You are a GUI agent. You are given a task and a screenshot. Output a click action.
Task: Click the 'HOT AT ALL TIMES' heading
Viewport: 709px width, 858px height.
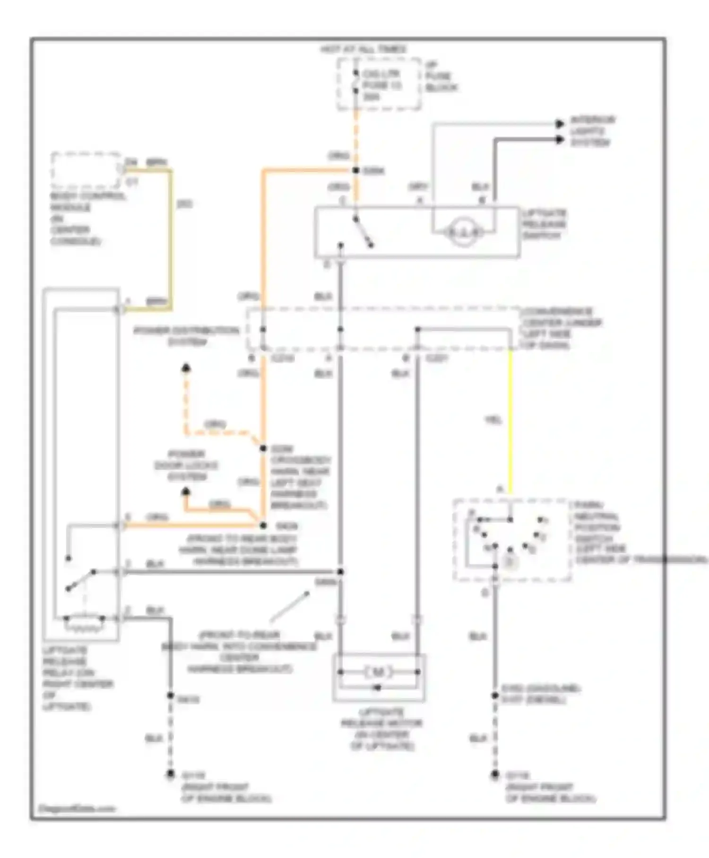point(363,49)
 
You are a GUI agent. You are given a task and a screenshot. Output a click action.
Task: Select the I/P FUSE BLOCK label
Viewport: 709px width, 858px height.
point(441,76)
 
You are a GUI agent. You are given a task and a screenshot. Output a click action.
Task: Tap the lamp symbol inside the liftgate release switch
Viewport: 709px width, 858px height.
point(463,232)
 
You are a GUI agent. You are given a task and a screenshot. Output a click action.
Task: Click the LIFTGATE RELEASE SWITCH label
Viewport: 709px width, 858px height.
point(544,224)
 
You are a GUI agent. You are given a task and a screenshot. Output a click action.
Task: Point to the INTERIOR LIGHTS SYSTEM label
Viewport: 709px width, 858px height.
point(592,131)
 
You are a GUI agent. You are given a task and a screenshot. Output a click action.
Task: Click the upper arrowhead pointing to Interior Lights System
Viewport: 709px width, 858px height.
point(560,124)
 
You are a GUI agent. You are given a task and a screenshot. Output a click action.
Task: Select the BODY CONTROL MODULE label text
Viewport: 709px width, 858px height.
point(88,219)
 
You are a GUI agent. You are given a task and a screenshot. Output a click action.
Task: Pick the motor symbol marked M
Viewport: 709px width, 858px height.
point(378,672)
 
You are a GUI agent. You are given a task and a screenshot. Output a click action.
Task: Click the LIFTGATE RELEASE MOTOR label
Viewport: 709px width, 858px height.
point(381,729)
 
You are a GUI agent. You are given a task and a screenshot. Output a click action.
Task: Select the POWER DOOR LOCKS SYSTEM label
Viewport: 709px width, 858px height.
point(186,465)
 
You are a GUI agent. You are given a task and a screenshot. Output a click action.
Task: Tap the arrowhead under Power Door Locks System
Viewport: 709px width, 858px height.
point(186,492)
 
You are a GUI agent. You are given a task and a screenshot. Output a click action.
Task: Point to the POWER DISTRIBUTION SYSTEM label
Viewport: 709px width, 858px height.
point(186,335)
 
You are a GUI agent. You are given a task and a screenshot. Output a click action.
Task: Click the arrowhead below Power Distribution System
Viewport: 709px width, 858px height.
point(186,368)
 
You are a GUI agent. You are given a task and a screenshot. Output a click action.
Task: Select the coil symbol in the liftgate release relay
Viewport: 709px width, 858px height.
point(85,624)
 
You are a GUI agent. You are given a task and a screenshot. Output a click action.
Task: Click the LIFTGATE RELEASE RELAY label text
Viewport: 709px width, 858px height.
point(77,678)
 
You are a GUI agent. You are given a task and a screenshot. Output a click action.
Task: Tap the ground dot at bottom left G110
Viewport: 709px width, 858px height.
point(170,774)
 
